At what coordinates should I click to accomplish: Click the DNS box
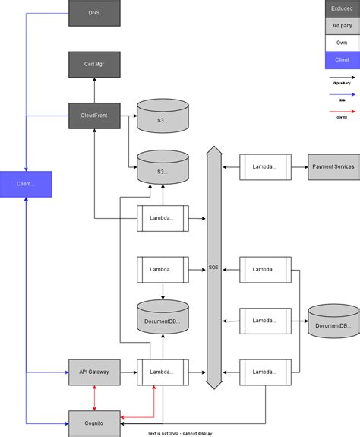tap(94, 13)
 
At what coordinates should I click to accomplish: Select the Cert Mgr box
tap(94, 65)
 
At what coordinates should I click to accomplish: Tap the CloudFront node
tap(94, 116)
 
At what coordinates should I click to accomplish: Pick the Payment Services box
tap(333, 166)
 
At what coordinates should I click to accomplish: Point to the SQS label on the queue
tap(214, 268)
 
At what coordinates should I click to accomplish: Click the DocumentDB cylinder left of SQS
tap(163, 318)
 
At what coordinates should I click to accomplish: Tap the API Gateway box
tap(94, 372)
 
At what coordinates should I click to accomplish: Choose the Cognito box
tap(94, 423)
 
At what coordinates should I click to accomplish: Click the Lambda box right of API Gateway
tap(163, 372)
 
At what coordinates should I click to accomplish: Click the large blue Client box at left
tap(26, 184)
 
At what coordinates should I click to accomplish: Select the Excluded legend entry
tap(342, 8)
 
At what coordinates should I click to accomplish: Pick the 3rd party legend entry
tap(342, 26)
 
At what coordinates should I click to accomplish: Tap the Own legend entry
tap(342, 43)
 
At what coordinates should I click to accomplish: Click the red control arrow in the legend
tap(342, 110)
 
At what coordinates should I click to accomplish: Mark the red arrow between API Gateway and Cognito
tap(94, 397)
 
